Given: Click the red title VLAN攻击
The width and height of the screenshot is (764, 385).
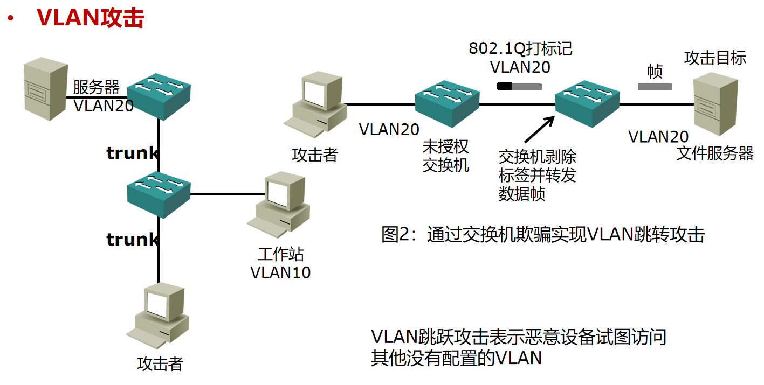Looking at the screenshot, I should (90, 17).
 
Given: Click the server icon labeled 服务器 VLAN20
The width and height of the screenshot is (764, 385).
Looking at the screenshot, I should (46, 90).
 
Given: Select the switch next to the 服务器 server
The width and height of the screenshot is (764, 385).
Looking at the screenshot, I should (159, 95).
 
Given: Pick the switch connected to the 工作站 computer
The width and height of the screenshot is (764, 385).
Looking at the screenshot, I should (159, 194).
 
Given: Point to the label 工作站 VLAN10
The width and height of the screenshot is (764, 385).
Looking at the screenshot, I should (280, 263).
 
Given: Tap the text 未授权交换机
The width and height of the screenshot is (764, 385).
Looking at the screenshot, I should (445, 156).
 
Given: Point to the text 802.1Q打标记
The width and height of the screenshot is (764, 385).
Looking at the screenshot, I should (520, 49).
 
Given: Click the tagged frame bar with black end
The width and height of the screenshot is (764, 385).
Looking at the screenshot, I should (519, 86).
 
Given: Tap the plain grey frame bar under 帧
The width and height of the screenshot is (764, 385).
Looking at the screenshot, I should (655, 87).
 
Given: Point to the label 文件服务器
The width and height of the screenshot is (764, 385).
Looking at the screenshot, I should (715, 154).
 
